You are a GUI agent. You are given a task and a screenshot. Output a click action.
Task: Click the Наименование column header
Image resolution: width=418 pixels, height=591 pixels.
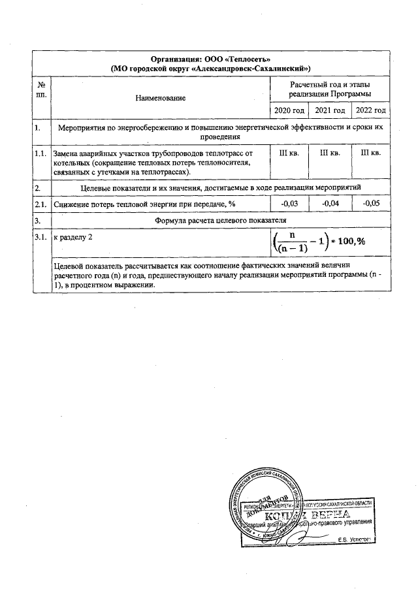[x=160, y=97]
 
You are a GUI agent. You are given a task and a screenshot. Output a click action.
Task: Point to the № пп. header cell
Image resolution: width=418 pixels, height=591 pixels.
[x=41, y=91]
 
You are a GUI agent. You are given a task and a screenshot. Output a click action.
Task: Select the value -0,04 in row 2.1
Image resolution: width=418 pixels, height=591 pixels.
[x=329, y=204]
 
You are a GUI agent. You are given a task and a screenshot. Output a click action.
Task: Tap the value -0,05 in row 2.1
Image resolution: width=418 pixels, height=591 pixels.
[x=370, y=204]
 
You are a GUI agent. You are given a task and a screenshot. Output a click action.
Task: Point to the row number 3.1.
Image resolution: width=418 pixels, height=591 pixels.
[x=41, y=238]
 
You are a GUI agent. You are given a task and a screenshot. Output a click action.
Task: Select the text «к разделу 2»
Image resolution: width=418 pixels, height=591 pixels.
[x=73, y=238]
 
